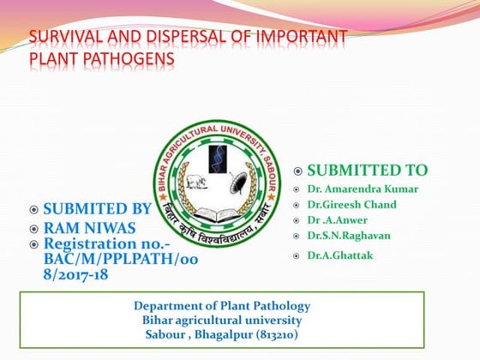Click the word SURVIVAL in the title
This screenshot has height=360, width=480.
click(59, 38)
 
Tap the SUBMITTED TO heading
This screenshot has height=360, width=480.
click(367, 171)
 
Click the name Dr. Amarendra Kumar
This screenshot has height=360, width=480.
click(364, 189)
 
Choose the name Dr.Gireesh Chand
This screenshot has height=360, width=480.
click(352, 205)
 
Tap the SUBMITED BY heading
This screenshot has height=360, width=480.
click(97, 208)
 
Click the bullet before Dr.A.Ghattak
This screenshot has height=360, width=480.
click(295, 256)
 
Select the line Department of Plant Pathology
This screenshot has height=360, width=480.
click(221, 306)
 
